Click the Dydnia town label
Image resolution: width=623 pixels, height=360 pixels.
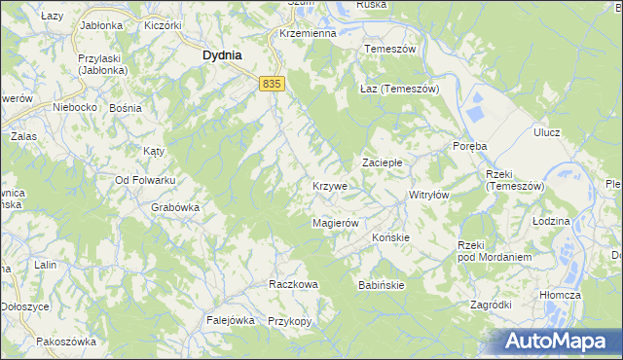(x=222, y=55)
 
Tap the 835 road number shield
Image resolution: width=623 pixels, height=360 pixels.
(x=272, y=85)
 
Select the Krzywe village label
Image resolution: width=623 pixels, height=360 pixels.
(x=330, y=185)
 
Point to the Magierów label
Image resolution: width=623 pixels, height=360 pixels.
(x=336, y=223)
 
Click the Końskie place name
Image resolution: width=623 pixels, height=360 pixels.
(x=391, y=236)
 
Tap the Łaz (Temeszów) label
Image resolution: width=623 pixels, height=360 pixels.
(x=400, y=89)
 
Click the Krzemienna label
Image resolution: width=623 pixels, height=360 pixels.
(x=307, y=32)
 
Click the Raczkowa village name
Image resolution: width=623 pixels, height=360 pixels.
(x=293, y=284)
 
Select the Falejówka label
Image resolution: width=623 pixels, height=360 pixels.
(x=230, y=319)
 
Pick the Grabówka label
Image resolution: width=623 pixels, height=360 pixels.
(x=175, y=206)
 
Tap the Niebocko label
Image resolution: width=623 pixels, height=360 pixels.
(x=75, y=106)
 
